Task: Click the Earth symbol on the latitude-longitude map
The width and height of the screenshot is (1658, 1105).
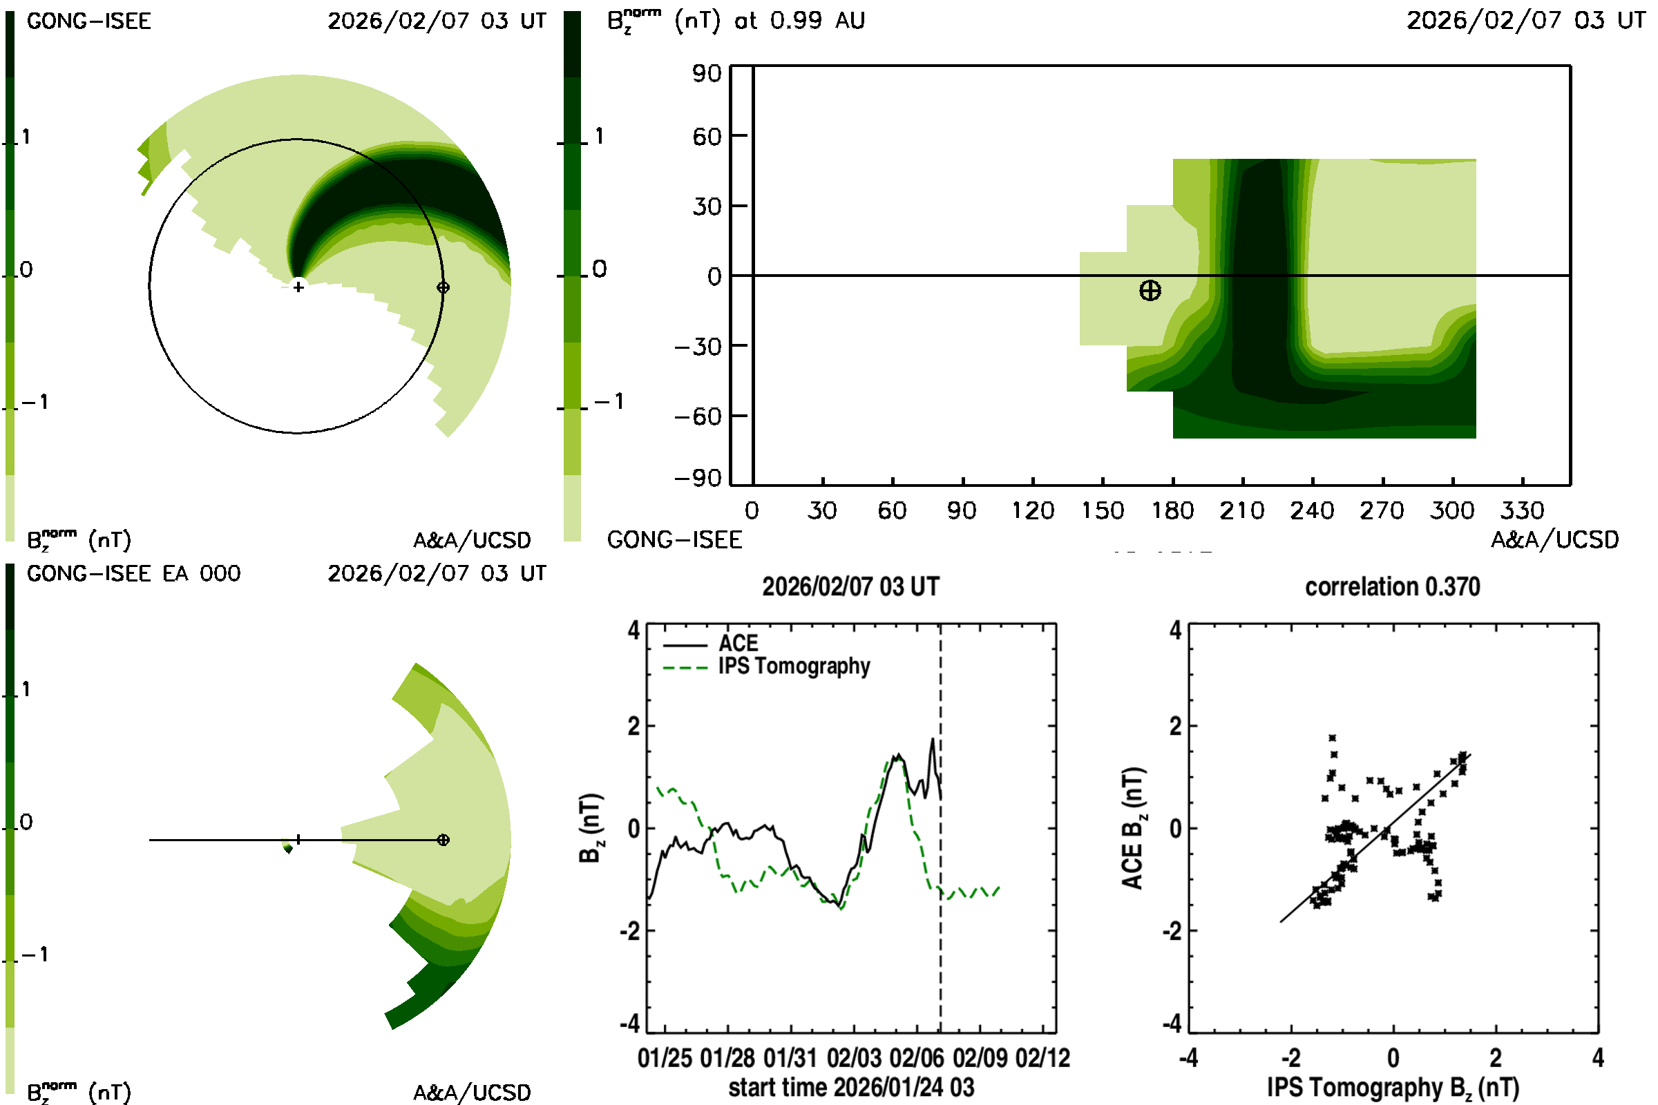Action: click(1150, 290)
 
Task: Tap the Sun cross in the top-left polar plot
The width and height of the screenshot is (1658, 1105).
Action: click(298, 287)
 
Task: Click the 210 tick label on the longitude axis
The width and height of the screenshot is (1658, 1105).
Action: click(1242, 510)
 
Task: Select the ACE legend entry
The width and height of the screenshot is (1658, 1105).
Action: click(737, 644)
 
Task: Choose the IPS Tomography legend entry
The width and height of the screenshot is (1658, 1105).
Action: click(794, 666)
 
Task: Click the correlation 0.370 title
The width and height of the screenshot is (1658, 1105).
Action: click(1392, 586)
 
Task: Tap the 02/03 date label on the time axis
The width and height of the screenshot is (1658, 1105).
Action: click(854, 1058)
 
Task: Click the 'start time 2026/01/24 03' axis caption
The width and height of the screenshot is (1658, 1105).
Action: click(851, 1087)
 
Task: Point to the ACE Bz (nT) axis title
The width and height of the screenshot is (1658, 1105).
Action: click(1132, 828)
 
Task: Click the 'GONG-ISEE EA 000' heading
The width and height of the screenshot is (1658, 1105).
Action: click(133, 574)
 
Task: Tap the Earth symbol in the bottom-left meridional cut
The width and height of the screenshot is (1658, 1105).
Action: click(443, 840)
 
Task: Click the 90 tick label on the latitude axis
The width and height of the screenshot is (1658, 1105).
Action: click(706, 73)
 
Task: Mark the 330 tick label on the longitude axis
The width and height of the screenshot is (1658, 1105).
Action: click(1522, 510)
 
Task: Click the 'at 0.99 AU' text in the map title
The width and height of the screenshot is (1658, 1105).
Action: click(799, 21)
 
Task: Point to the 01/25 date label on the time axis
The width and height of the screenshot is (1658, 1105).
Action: click(664, 1058)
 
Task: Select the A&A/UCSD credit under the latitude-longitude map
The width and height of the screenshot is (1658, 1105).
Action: click(1554, 540)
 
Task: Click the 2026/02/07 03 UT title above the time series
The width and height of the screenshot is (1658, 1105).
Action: click(851, 586)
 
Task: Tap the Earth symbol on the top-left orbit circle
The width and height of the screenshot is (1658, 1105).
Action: click(443, 287)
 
